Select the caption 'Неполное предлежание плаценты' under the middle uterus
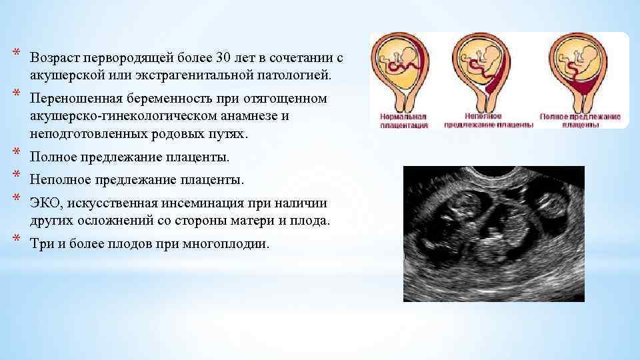pos(489,120)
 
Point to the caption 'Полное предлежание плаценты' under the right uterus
pos(580,120)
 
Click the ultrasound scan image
pos(494,233)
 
